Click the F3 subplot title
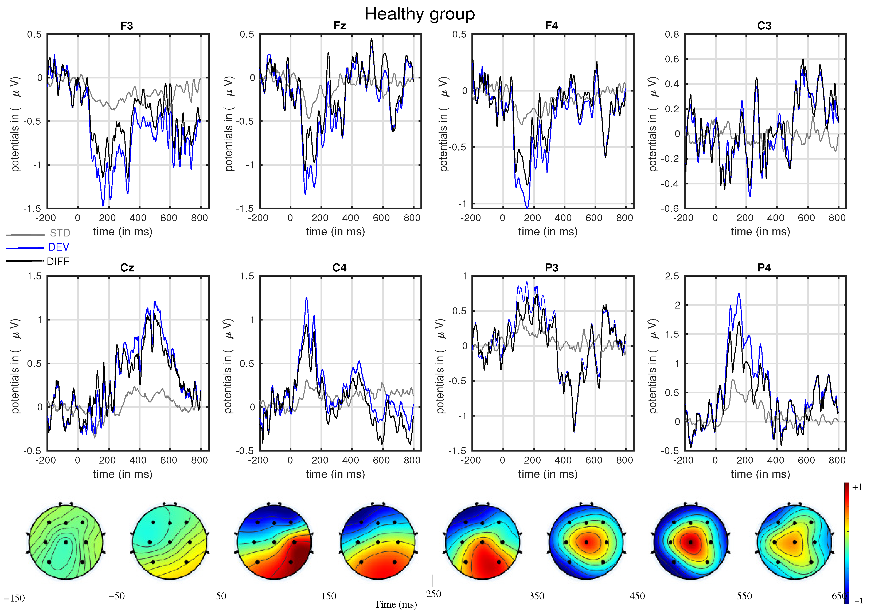click(126, 26)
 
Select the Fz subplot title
click(339, 26)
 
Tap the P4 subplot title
click(764, 268)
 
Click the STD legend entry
click(60, 233)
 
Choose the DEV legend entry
click(58, 247)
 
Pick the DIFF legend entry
click(58, 262)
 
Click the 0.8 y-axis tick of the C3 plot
click(672, 34)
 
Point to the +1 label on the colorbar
click(857, 487)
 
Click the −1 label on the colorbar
click(858, 600)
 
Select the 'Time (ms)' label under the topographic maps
click(395, 604)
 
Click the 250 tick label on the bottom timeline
click(433, 594)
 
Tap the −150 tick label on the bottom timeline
click(14, 598)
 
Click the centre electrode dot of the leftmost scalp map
click(66, 542)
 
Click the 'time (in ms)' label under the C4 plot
click(335, 474)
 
